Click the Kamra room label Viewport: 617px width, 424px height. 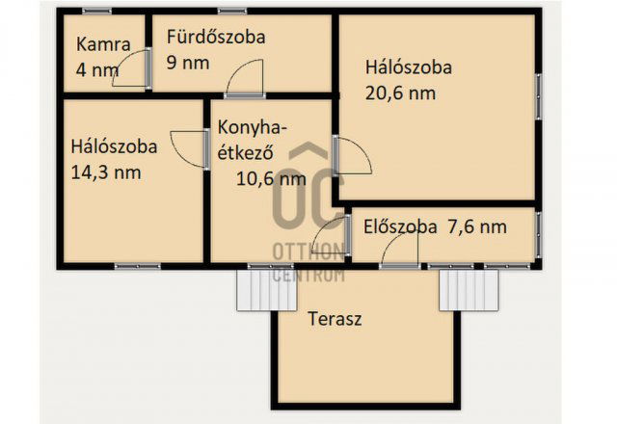click(x=97, y=43)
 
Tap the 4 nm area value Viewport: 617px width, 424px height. click(x=97, y=69)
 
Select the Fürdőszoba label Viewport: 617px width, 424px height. click(x=215, y=38)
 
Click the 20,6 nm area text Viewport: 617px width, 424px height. click(x=400, y=93)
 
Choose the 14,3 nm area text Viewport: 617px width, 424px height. click(x=106, y=173)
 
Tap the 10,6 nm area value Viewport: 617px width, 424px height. click(x=271, y=177)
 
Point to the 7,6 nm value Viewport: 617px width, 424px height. click(x=476, y=228)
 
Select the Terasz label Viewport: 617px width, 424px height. click(x=335, y=319)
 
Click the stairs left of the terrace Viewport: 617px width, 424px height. click(x=256, y=289)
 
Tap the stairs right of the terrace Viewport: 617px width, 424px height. click(x=469, y=289)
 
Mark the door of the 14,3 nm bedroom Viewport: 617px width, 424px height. click(x=189, y=148)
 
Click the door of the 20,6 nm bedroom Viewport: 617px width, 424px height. click(x=352, y=156)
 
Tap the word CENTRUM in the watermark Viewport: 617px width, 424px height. click(x=308, y=276)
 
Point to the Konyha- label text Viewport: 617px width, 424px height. click(x=253, y=128)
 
